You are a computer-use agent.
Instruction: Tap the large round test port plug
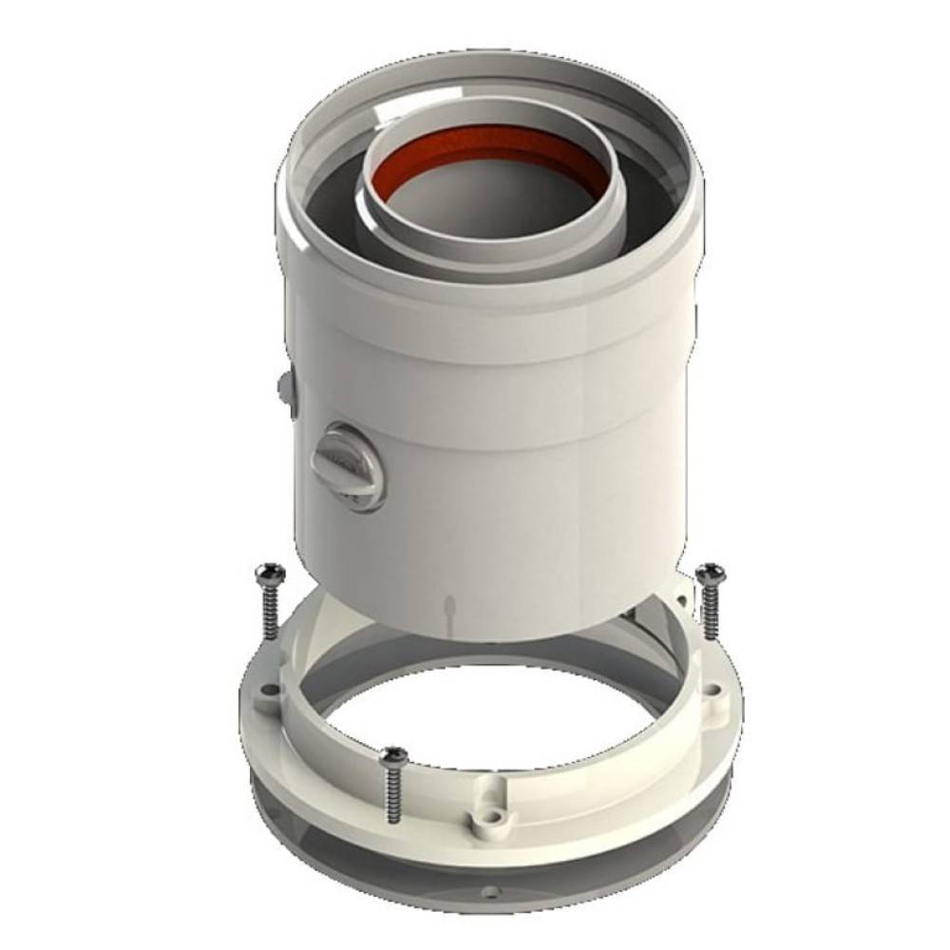(x=347, y=465)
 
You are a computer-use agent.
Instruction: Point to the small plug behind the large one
(x=286, y=387)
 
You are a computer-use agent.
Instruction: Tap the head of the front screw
(x=391, y=756)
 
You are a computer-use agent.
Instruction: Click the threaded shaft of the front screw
(x=391, y=798)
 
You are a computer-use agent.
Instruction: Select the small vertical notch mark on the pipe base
(x=449, y=608)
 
